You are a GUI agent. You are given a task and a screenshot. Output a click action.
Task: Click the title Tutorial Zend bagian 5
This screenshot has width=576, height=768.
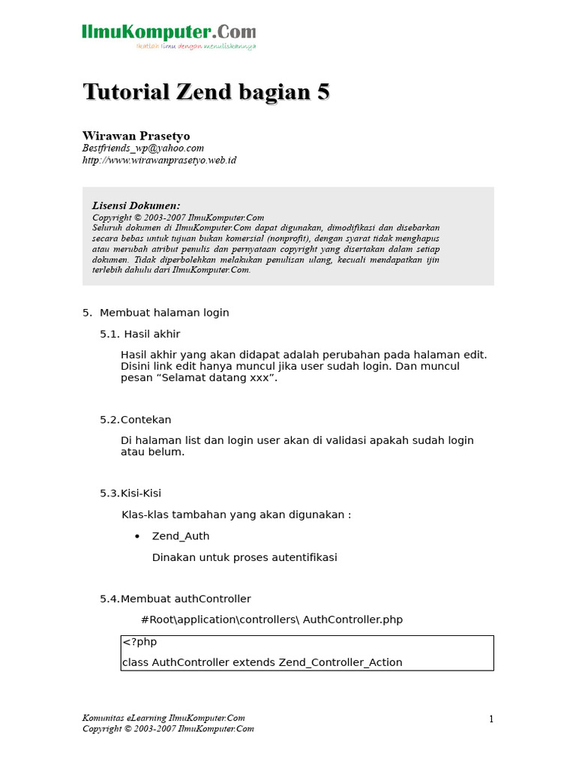pos(205,92)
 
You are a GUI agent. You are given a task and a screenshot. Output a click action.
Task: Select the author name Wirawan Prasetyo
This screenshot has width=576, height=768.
pos(136,136)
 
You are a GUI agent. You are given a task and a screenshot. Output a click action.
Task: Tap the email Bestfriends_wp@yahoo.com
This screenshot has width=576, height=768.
pos(142,148)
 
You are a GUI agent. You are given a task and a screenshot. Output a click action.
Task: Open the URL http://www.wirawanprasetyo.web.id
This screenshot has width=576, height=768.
pos(159,160)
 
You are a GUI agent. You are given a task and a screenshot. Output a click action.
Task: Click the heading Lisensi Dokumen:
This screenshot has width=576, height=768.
pos(136,205)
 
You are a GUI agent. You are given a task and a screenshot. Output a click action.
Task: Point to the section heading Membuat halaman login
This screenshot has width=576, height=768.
pos(164,313)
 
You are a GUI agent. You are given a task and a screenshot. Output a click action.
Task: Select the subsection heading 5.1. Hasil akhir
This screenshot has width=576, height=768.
pos(140,334)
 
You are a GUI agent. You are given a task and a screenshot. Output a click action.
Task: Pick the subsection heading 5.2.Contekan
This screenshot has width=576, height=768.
pos(136,420)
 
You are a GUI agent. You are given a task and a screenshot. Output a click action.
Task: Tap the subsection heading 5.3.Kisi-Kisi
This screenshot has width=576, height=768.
pos(130,493)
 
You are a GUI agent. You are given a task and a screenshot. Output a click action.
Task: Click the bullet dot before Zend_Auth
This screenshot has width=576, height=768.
pos(137,537)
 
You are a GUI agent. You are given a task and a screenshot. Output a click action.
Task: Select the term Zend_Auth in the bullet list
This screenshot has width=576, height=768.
pos(181,536)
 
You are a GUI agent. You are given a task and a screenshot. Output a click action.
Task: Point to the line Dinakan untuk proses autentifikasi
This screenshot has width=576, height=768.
pos(244,557)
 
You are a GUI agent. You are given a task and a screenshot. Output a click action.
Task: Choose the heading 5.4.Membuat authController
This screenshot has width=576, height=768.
pos(175,598)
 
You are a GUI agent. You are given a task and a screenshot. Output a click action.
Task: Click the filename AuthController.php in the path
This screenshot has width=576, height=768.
pos(352,619)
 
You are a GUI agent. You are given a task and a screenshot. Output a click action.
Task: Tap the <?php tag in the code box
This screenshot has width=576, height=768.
pos(139,642)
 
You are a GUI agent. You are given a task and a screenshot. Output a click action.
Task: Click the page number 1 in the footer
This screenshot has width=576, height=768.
pos(491,719)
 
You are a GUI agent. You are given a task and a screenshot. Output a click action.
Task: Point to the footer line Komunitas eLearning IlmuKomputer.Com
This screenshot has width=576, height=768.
pos(163,718)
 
